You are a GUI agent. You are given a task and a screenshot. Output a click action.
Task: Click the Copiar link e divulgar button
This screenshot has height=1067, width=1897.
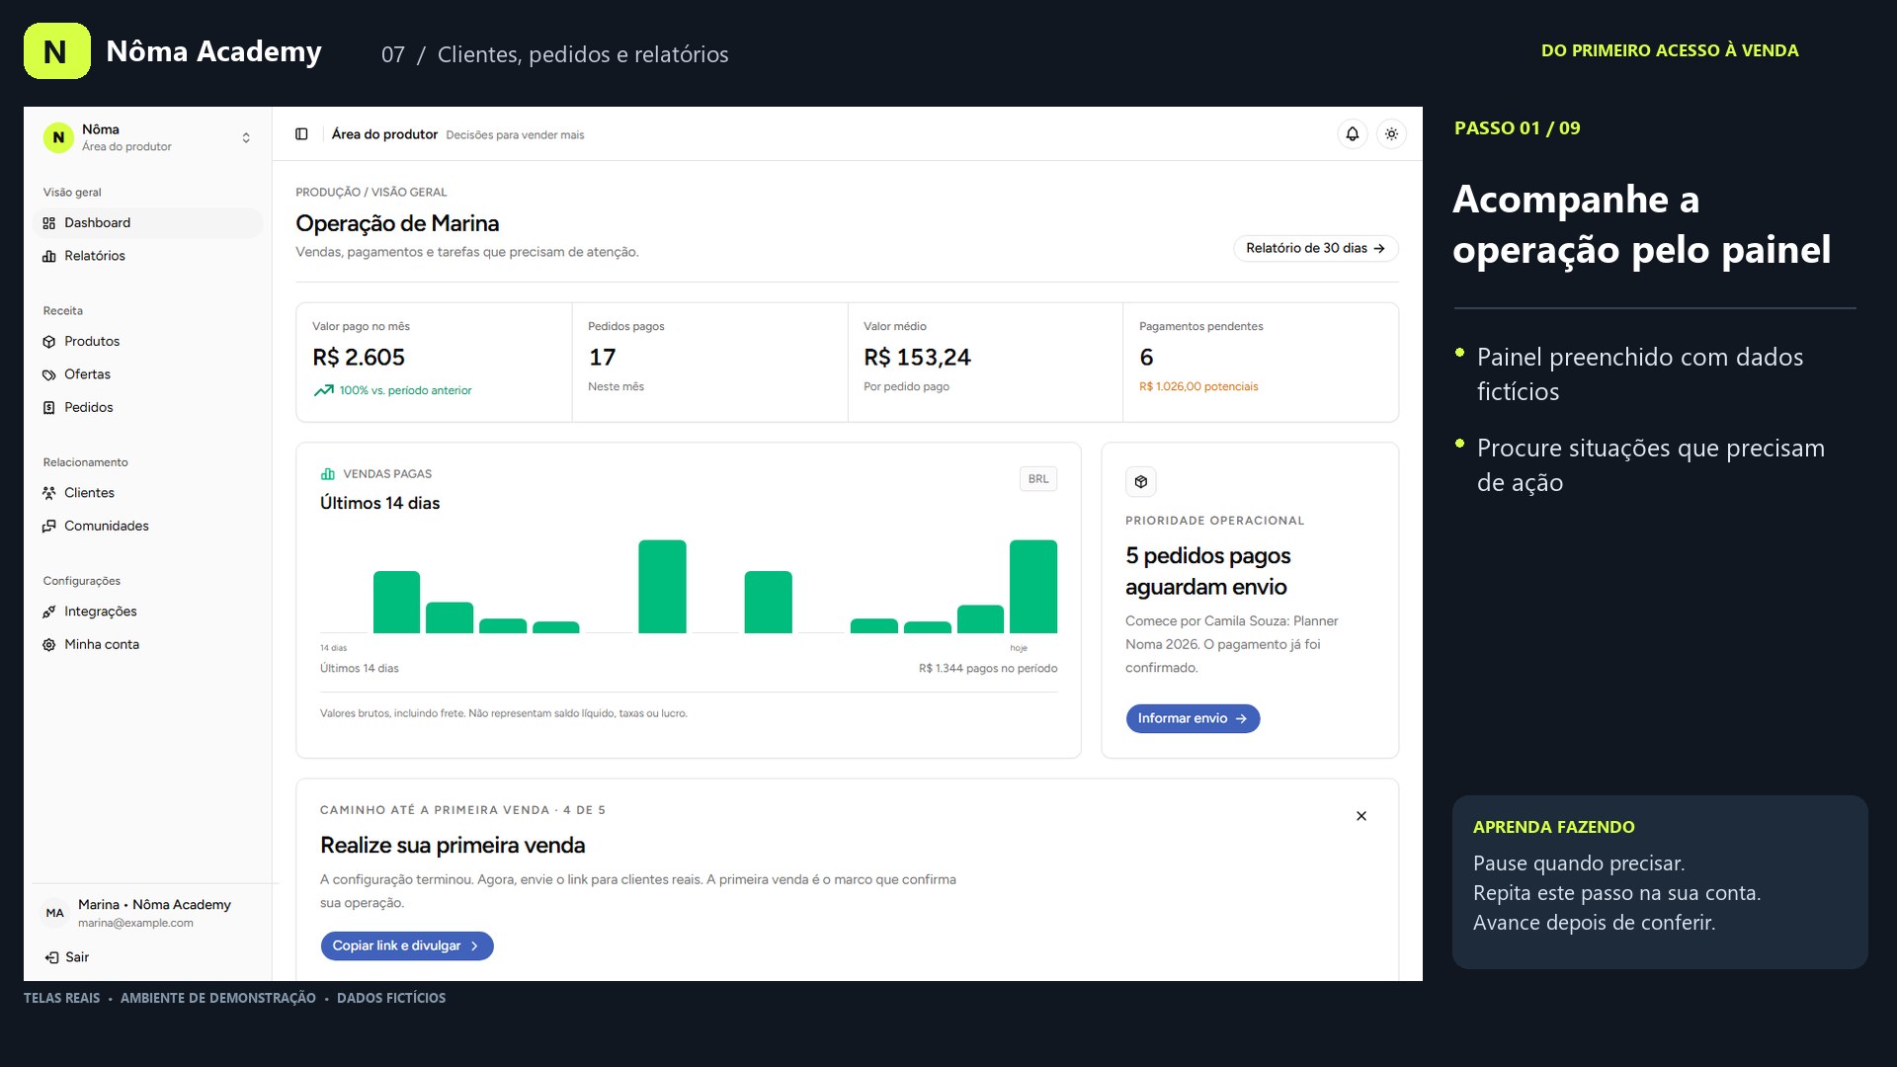coord(407,945)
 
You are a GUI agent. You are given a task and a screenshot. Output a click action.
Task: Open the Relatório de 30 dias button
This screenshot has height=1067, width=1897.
coord(1315,248)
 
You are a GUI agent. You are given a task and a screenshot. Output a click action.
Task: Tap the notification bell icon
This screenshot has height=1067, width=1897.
coord(1353,134)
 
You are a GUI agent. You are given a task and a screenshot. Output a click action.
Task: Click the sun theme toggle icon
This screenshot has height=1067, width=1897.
coord(1391,134)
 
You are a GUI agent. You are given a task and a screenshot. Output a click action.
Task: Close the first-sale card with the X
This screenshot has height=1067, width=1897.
coord(1361,816)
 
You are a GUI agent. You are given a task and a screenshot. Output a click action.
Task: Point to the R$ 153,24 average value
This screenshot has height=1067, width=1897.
coord(917,357)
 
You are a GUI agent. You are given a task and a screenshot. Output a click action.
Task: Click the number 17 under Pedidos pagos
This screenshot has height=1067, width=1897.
coord(602,357)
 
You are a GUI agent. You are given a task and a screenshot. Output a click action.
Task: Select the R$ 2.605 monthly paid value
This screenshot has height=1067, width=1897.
coord(359,357)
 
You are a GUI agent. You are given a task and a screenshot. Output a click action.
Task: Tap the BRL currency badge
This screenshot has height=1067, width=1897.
coord(1038,479)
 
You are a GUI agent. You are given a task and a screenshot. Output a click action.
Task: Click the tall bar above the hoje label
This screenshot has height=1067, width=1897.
coord(1033,587)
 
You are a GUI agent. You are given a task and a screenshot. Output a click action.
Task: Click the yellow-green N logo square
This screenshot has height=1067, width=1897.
coord(57,51)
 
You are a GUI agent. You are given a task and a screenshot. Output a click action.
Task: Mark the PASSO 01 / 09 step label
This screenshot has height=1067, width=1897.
coord(1517,128)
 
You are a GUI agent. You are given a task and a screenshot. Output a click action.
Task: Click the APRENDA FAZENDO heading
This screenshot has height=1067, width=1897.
coord(1553,827)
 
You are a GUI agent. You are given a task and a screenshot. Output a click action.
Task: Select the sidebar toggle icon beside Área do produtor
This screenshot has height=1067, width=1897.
coord(301,134)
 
